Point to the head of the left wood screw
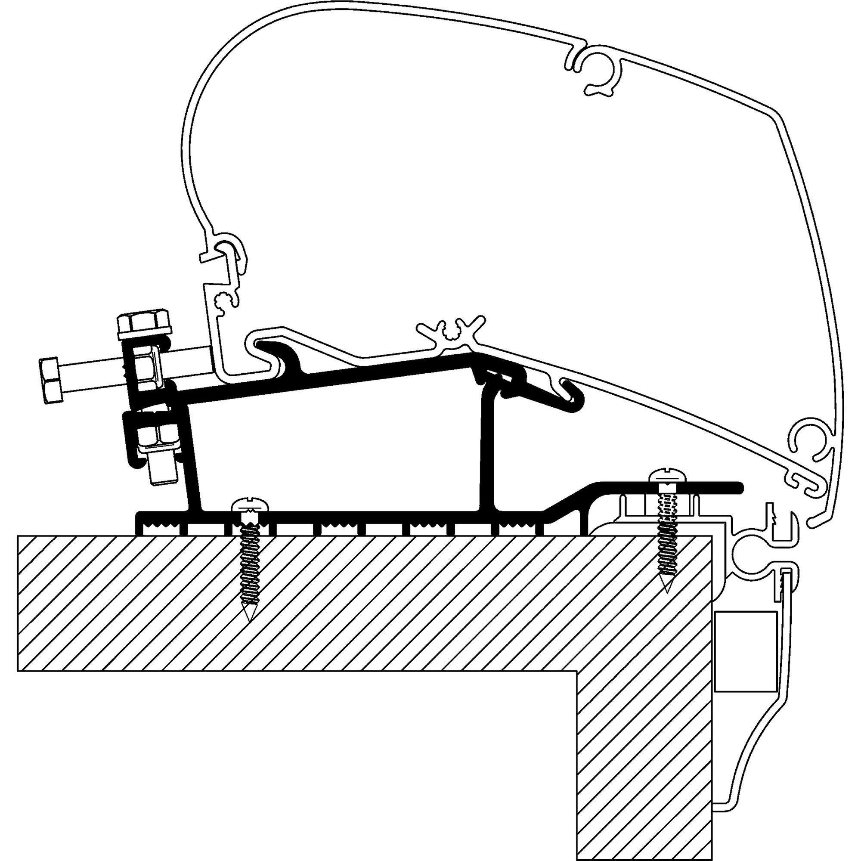(x=251, y=506)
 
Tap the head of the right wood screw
(x=667, y=476)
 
